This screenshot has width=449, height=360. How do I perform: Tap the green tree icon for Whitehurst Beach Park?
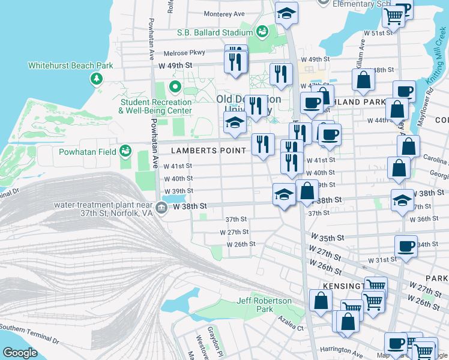(96, 79)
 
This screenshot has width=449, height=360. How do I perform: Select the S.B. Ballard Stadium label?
(214, 32)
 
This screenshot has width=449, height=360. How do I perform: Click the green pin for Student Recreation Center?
(175, 87)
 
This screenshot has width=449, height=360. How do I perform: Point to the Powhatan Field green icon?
(125, 151)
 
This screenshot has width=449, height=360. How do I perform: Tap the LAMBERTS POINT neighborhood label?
(208, 151)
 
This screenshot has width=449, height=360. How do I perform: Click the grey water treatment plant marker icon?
(161, 208)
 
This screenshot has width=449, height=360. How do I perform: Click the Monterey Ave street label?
(224, 14)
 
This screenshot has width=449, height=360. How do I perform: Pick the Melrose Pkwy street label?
(188, 53)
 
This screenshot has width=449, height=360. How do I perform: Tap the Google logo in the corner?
(20, 353)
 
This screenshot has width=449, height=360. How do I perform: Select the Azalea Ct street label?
(291, 327)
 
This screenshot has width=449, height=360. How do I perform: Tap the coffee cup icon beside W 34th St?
(406, 245)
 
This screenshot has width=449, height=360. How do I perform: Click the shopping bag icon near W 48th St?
(364, 80)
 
